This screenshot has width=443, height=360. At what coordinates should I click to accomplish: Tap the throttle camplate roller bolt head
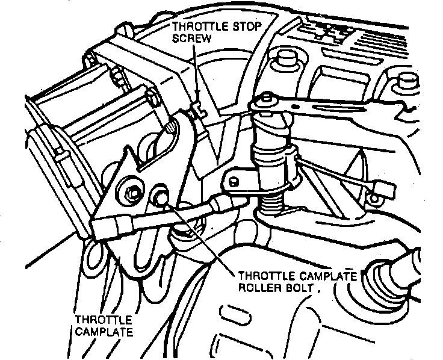(161, 199)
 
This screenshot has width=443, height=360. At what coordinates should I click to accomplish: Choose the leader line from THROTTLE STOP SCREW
(196, 72)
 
